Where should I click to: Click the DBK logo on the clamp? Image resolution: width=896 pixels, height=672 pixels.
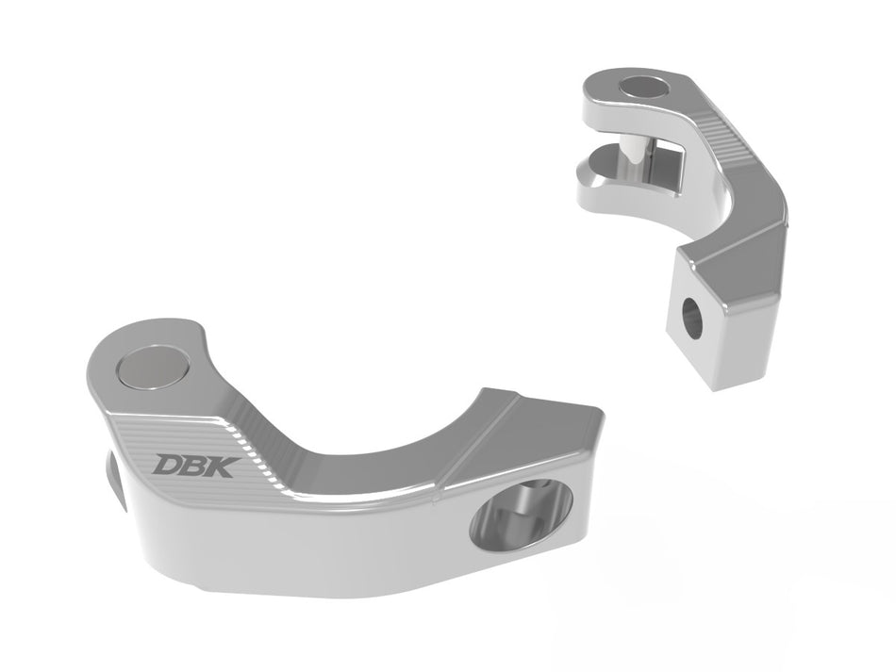click(x=195, y=466)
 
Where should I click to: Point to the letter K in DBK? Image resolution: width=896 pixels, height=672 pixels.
click(x=222, y=467)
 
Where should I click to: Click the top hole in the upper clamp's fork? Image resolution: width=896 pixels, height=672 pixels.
click(x=646, y=89)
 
